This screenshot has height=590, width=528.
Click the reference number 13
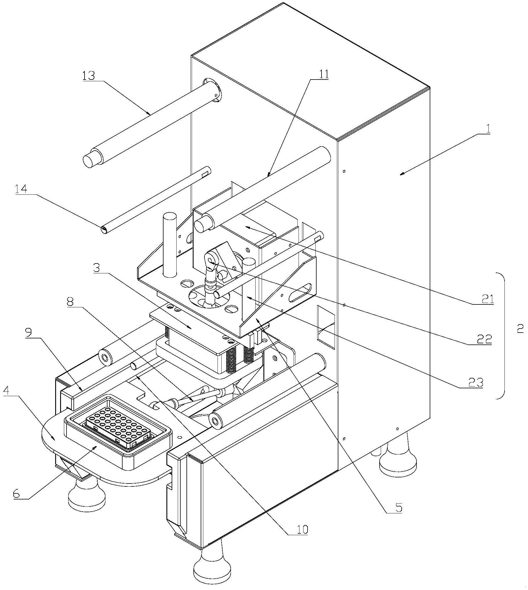coord(89,76)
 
